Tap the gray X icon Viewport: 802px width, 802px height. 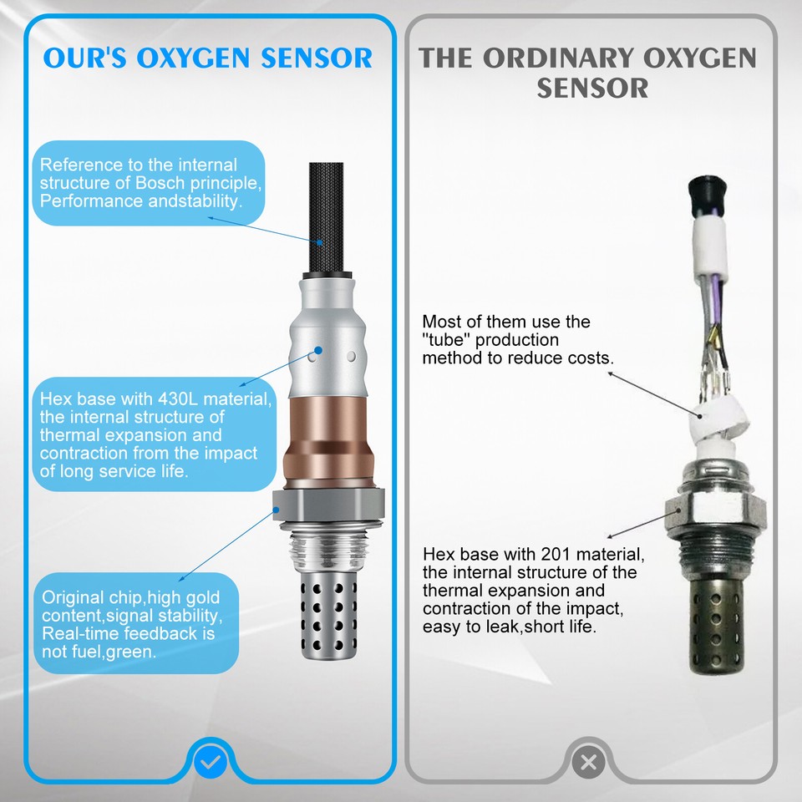click(588, 761)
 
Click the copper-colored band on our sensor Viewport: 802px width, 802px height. click(328, 444)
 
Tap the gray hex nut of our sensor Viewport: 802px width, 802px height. click(328, 506)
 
